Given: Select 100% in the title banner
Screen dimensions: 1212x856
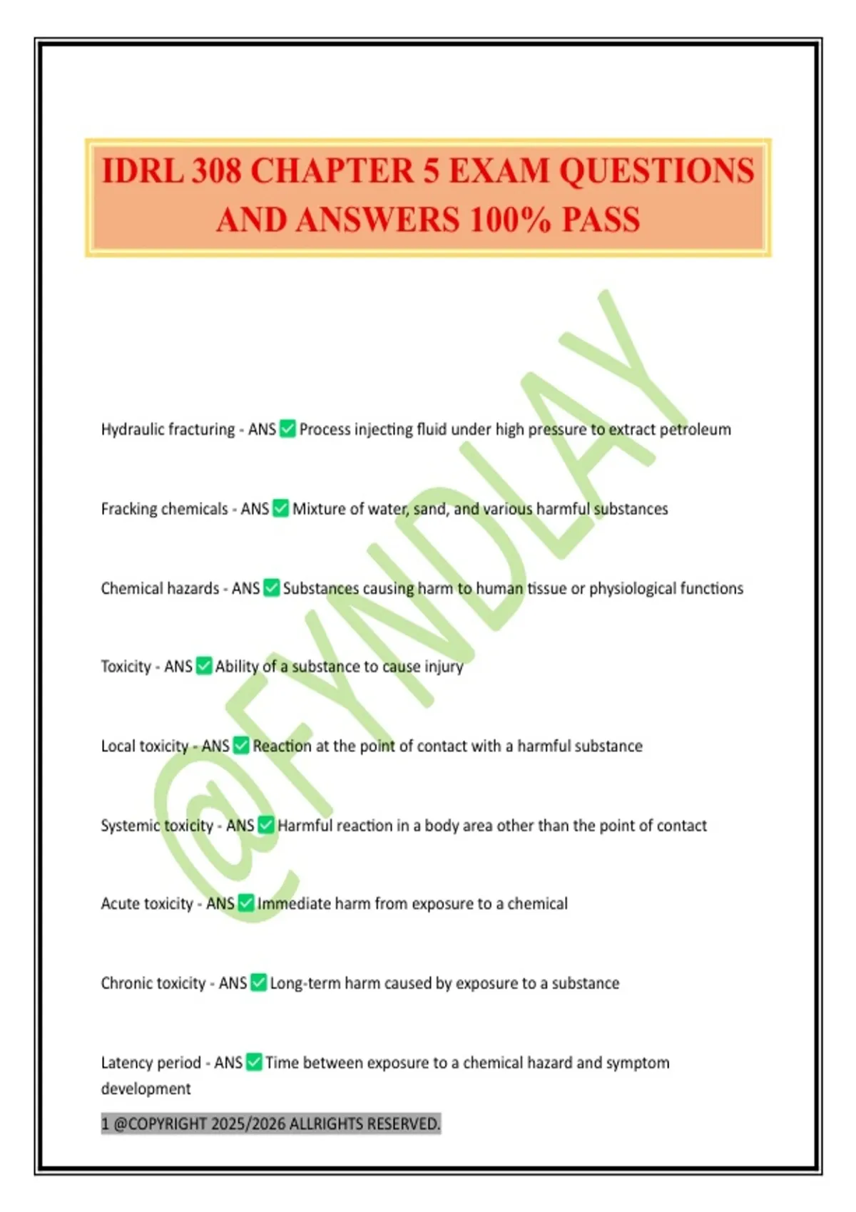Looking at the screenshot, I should pyautogui.click(x=509, y=220).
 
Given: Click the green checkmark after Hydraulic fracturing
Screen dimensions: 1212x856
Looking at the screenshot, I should pyautogui.click(x=287, y=428).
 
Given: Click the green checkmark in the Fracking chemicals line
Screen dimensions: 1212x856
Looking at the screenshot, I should pyautogui.click(x=281, y=508).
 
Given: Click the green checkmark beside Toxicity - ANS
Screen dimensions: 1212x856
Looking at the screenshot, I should pyautogui.click(x=204, y=666).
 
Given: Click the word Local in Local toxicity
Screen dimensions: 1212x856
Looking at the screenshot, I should pyautogui.click(x=118, y=746).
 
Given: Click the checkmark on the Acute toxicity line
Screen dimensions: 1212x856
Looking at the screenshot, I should pyautogui.click(x=246, y=903).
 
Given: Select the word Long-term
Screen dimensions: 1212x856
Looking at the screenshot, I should pyautogui.click(x=305, y=984).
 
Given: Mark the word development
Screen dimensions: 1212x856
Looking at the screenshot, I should pyautogui.click(x=146, y=1089).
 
